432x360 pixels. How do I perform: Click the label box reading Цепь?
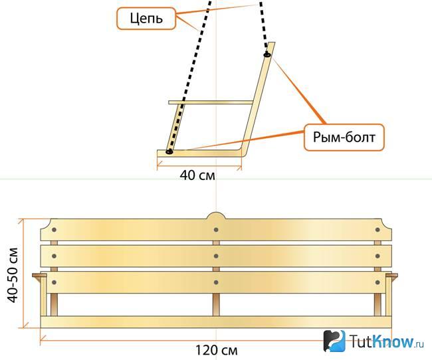pyautogui.click(x=146, y=19)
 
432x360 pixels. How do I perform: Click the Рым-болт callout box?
pyautogui.click(x=344, y=137)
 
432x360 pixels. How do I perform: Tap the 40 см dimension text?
pyautogui.click(x=197, y=175)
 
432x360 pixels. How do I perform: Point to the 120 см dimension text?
pyautogui.click(x=216, y=350)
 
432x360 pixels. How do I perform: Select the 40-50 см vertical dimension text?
pyautogui.click(x=13, y=275)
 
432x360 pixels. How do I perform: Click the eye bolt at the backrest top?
pyautogui.click(x=267, y=54)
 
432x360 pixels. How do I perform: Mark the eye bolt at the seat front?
pyautogui.click(x=169, y=151)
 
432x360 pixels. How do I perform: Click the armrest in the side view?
pyautogui.click(x=211, y=102)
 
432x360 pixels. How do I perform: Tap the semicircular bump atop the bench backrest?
pyautogui.click(x=216, y=216)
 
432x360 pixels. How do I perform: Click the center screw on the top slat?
pyautogui.click(x=216, y=229)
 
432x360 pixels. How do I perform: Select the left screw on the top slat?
pyautogui.click(x=54, y=229)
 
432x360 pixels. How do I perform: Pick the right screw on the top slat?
pyautogui.click(x=378, y=229)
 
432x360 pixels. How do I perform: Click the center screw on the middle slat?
pyautogui.click(x=216, y=256)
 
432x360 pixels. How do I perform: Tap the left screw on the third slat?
pyautogui.click(x=54, y=282)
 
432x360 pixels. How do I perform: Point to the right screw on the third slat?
pyautogui.click(x=378, y=282)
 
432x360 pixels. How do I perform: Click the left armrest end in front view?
pyautogui.click(x=39, y=276)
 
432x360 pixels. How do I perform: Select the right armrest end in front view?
pyautogui.click(x=391, y=276)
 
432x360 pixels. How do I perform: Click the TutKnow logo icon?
pyautogui.click(x=334, y=341)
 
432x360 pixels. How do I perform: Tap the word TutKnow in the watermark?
pyautogui.click(x=382, y=341)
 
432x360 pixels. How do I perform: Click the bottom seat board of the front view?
pyautogui.click(x=216, y=322)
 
